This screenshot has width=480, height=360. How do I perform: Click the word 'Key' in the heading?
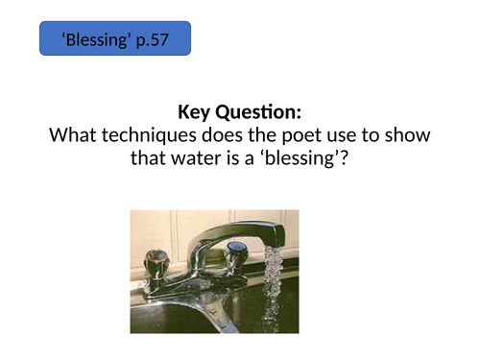pos(197,112)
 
